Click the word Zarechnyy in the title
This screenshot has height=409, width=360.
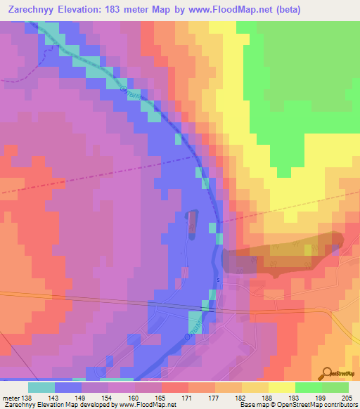pos(30,9)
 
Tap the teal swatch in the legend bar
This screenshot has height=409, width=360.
pos(41,387)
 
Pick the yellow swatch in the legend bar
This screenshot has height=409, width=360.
pos(282,387)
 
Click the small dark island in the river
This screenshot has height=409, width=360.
pos(192,222)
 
